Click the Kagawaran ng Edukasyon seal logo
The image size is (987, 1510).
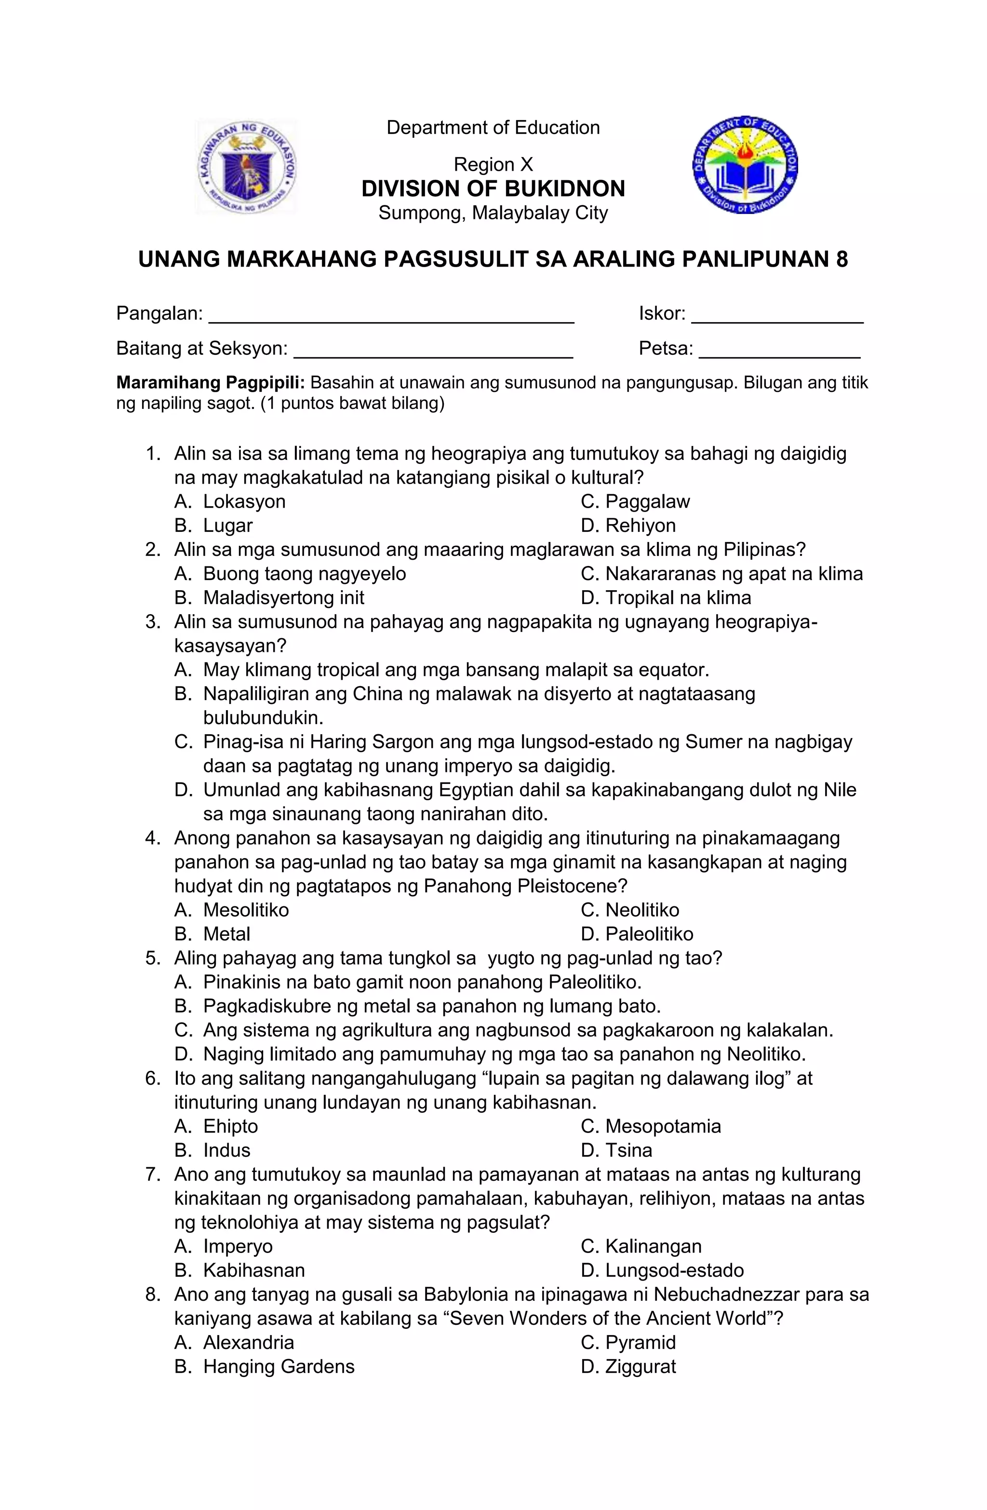(x=246, y=167)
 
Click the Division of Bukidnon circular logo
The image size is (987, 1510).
(x=746, y=165)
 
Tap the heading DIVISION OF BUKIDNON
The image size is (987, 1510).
(x=493, y=189)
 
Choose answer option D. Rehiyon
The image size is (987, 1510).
(x=628, y=526)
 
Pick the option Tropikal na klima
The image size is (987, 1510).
(x=666, y=598)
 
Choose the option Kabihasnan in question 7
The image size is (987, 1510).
(x=253, y=1270)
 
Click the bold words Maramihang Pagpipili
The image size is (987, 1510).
(x=211, y=383)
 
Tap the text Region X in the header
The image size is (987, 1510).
(x=493, y=165)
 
